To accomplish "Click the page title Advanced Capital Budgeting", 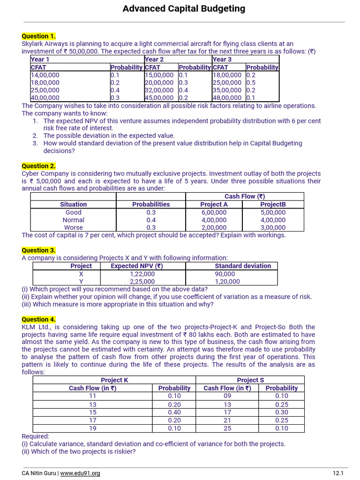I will pyautogui.click(x=184, y=8).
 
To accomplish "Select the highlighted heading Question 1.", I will pyautogui.click(x=38, y=36).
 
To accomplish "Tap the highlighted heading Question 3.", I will pyautogui.click(x=38, y=250).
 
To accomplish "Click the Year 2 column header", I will pyautogui.click(x=155, y=60).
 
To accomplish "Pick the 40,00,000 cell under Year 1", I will pyautogui.click(x=45, y=98).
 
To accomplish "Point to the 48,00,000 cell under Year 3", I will pyautogui.click(x=227, y=98).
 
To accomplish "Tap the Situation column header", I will pyautogui.click(x=73, y=204).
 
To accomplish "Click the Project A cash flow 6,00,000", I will pyautogui.click(x=214, y=212).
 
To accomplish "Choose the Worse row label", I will pyautogui.click(x=73, y=227).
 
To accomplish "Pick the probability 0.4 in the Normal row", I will pyautogui.click(x=151, y=220).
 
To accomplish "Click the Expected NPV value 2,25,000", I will pyautogui.click(x=142, y=282).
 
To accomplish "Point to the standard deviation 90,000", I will pyautogui.click(x=225, y=274).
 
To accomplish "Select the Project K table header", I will pyautogui.click(x=114, y=380).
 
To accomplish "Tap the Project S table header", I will pyautogui.click(x=250, y=380).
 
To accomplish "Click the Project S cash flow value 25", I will pyautogui.click(x=227, y=428).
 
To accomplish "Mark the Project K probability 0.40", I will pyautogui.click(x=174, y=412).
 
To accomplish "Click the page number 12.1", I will pyautogui.click(x=338, y=473).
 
